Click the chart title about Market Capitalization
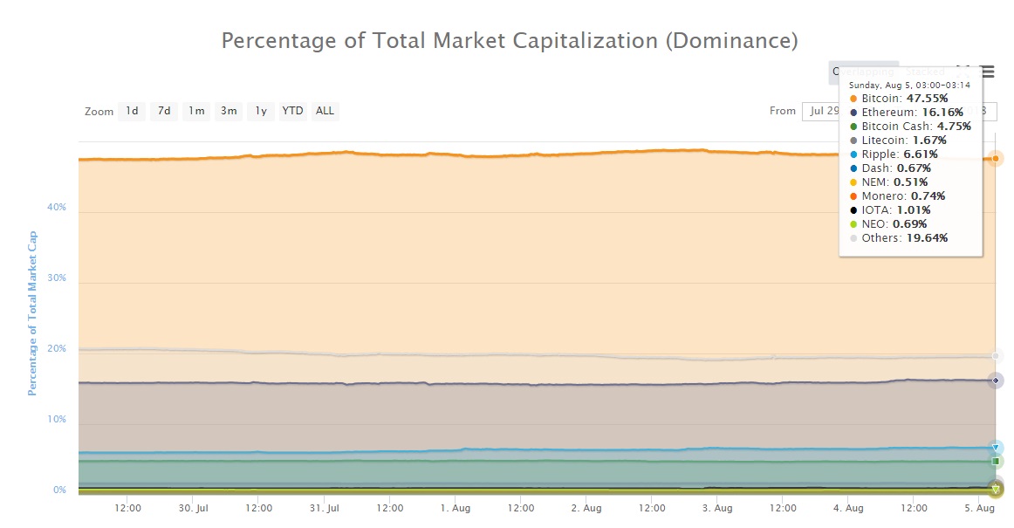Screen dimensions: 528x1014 (510, 41)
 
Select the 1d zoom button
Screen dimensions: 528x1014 (132, 111)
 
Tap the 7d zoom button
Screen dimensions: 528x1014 (163, 111)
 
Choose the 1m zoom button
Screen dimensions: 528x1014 (196, 111)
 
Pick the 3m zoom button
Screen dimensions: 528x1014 (229, 111)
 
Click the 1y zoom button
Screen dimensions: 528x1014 (260, 111)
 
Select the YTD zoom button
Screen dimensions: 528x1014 (292, 111)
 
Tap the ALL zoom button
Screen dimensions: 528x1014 (325, 111)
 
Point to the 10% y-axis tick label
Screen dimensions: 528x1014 (58, 420)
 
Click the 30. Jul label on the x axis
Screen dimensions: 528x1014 (193, 508)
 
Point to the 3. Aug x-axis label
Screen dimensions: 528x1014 (716, 508)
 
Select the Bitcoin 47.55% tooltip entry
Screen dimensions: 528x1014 (903, 99)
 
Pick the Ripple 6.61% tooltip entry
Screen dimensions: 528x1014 (900, 154)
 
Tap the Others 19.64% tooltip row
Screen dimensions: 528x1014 (904, 237)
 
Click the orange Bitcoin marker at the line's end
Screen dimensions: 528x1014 (996, 158)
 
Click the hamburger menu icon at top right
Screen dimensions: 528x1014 (987, 72)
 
